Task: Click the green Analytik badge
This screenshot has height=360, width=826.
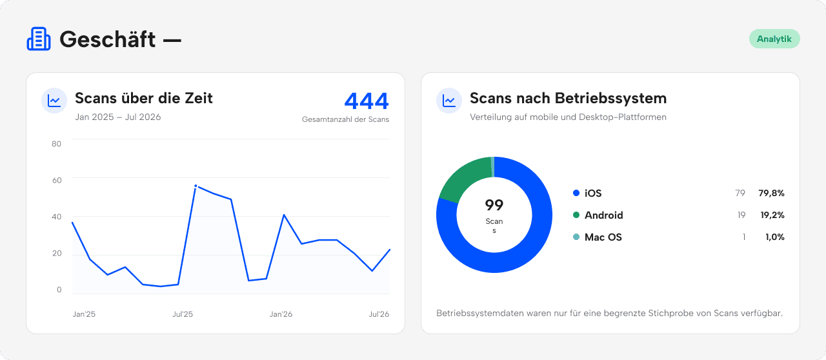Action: (774, 39)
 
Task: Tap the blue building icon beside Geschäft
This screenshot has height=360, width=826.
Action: (39, 39)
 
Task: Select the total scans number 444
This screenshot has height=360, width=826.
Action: (367, 101)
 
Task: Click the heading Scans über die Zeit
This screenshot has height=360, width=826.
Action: (144, 98)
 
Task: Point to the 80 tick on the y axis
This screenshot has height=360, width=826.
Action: (56, 143)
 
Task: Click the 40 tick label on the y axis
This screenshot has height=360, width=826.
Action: (56, 217)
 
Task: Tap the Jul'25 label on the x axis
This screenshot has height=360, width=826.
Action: (183, 314)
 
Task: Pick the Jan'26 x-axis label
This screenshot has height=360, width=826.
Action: (281, 314)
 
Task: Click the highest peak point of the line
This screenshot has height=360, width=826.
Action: (196, 186)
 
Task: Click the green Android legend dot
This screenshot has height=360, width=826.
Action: (576, 215)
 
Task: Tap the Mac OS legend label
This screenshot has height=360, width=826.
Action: (603, 237)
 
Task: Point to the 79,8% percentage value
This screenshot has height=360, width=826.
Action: (771, 193)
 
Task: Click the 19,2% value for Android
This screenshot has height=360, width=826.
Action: (772, 215)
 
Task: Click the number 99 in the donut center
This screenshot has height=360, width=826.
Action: (494, 205)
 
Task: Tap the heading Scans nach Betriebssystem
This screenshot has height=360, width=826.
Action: (569, 98)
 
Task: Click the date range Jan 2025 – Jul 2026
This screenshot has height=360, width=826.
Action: (118, 117)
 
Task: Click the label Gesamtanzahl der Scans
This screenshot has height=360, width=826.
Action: (345, 119)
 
